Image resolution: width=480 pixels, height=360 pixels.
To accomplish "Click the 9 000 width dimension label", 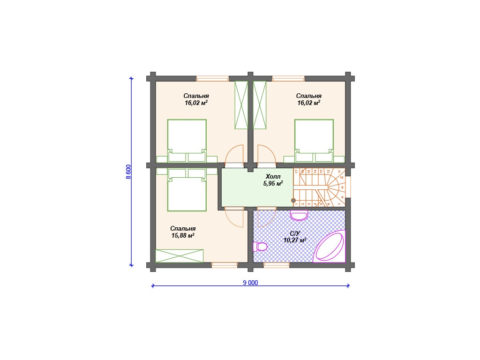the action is (250, 283).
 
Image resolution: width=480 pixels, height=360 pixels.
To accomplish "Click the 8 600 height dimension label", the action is (128, 172).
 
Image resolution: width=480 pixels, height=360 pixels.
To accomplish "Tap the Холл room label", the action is (273, 177).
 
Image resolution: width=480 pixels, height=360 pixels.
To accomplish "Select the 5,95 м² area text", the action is (273, 184).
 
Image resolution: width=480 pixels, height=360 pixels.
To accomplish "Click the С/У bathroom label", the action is (295, 233).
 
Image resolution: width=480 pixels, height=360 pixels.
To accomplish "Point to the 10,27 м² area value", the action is (295, 240).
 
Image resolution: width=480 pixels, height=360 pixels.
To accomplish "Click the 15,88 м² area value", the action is (183, 236).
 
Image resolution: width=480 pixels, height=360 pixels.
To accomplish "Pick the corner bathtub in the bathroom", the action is (329, 247).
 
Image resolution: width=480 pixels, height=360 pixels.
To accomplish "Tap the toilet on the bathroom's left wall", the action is (260, 247).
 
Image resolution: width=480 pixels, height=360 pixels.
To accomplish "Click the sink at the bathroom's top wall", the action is (299, 216).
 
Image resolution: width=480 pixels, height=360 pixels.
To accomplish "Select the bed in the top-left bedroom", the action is (187, 141).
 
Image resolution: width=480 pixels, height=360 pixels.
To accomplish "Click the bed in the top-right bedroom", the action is (314, 141).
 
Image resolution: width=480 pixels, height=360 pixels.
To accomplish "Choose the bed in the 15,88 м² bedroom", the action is (187, 190).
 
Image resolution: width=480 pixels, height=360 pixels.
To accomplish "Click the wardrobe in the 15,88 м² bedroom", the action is (180, 256).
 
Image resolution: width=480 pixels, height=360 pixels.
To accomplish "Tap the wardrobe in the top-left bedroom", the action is (241, 105).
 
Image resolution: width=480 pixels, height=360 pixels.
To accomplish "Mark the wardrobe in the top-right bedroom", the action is (260, 105).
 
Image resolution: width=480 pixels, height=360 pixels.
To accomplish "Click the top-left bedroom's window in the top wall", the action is (212, 78).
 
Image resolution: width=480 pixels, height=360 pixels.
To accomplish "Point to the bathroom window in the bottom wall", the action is (277, 265).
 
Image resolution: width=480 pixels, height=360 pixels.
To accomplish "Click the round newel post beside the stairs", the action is (293, 201).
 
